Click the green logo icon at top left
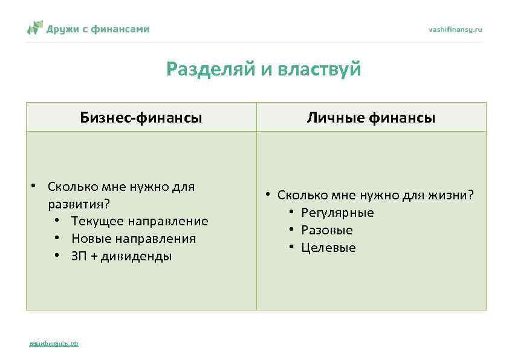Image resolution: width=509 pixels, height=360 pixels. point(35,28)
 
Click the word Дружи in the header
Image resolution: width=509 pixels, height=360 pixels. point(63,28)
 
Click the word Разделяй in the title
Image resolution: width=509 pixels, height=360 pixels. point(211,69)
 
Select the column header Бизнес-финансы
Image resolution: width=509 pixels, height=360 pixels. point(141,117)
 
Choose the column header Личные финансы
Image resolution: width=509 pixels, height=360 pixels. point(371,117)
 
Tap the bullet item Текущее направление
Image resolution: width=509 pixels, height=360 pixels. point(139,221)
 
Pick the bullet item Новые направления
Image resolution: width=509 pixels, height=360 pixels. point(133,239)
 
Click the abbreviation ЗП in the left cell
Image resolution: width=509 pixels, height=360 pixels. point(79,256)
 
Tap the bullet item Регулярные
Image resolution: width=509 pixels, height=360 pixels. point(337,213)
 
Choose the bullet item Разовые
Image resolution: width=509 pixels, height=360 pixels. point(326,230)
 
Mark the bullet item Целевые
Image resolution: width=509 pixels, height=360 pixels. point(328,248)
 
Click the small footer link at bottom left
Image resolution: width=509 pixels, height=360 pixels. point(54,344)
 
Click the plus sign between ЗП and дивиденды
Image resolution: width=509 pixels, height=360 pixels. point(94,256)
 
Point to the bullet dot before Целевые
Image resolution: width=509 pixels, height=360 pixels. point(291,248)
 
